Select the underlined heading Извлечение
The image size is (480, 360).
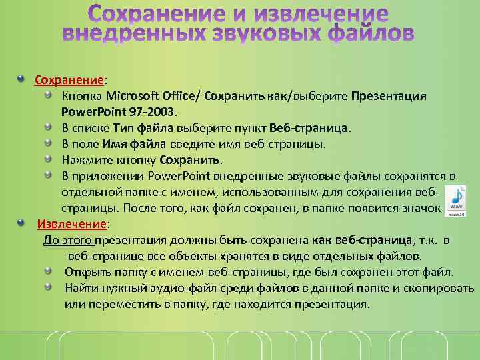72,223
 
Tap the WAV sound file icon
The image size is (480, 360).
457,201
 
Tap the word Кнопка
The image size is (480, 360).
82,96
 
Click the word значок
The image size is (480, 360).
423,208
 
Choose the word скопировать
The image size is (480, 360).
440,288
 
